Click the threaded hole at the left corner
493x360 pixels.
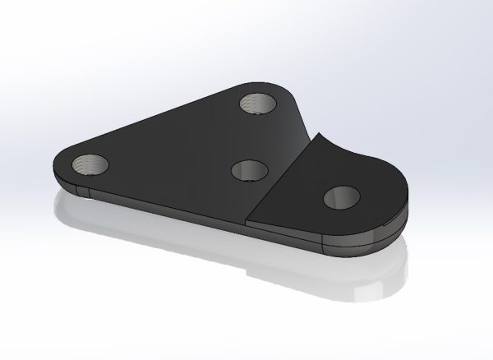pyautogui.click(x=90, y=164)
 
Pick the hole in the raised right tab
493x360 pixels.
pyautogui.click(x=340, y=197)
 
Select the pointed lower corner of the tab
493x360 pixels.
pyautogui.click(x=249, y=220)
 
